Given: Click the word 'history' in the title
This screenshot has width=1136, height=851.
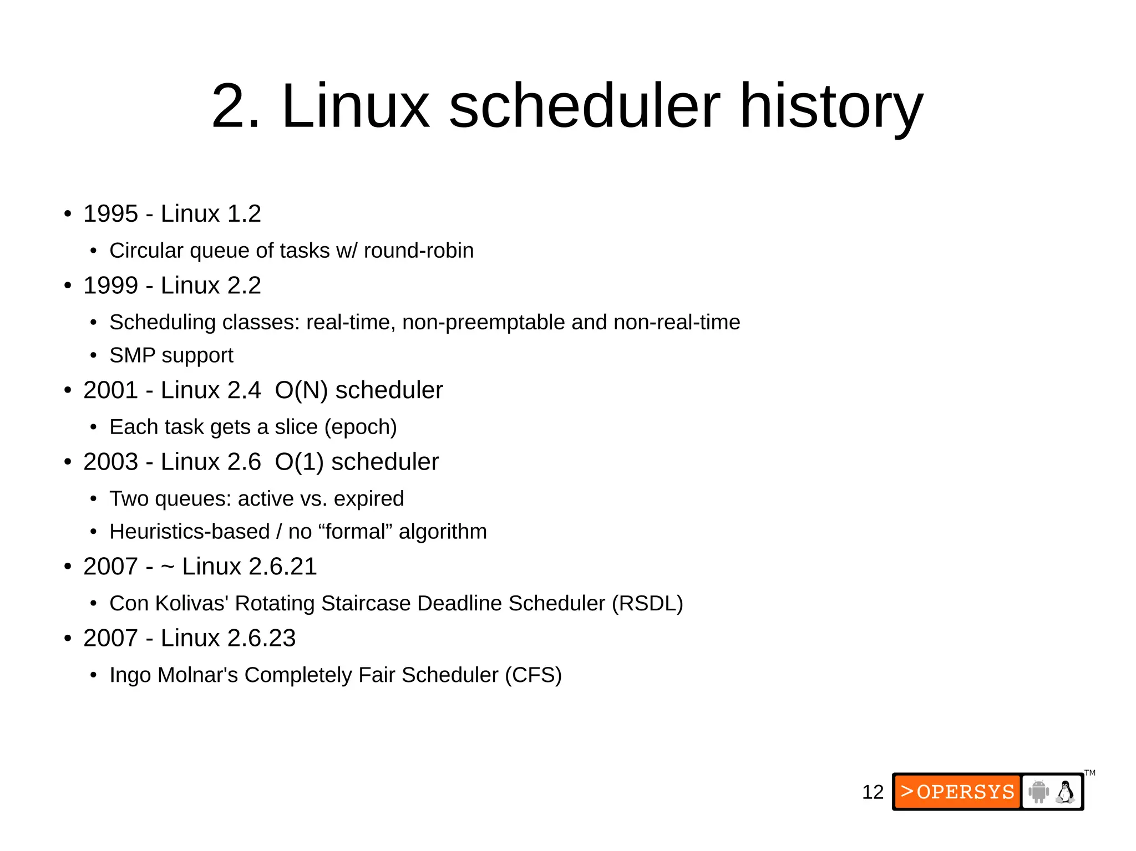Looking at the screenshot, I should click(831, 106).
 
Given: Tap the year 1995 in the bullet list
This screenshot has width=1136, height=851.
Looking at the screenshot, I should click(110, 214).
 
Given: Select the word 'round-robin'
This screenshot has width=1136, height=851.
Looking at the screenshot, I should click(419, 251).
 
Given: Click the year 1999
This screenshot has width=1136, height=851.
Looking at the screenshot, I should click(110, 286).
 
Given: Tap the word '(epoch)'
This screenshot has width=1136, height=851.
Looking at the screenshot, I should click(361, 427).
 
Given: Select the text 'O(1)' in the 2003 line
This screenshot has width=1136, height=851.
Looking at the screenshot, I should click(299, 462).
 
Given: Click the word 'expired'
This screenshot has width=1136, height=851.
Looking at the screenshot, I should click(369, 498).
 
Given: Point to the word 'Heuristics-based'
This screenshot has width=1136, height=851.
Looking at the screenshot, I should click(189, 532).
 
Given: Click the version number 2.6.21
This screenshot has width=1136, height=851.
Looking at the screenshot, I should click(282, 567).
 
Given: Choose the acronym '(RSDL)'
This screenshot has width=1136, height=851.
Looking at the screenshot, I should click(647, 603).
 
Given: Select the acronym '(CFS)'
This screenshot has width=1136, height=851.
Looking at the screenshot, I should click(533, 675).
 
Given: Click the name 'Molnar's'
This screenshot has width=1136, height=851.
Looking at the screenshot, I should click(197, 675).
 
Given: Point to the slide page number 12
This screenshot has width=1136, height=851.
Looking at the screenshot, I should click(873, 792).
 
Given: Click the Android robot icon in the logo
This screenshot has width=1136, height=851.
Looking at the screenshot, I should click(1038, 792).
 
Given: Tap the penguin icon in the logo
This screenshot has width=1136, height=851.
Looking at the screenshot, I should click(1065, 792).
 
